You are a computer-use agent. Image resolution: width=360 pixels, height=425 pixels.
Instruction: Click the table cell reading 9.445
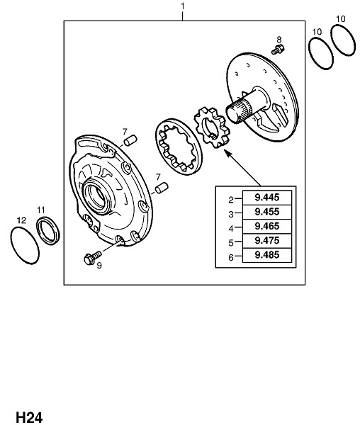click(x=267, y=198)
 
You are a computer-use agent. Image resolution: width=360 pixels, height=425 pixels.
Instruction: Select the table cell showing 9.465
click(x=267, y=227)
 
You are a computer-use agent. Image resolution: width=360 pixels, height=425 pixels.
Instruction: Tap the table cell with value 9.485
click(x=267, y=255)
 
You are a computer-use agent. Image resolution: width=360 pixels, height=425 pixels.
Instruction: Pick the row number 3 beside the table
click(x=231, y=215)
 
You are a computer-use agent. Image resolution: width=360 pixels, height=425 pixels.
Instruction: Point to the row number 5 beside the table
click(x=231, y=243)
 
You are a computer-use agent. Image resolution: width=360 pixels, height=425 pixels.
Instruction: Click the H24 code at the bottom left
click(x=29, y=417)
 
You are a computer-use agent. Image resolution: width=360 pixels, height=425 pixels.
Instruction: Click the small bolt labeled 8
click(x=278, y=50)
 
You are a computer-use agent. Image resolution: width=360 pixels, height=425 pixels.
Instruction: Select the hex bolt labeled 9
click(x=92, y=258)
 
